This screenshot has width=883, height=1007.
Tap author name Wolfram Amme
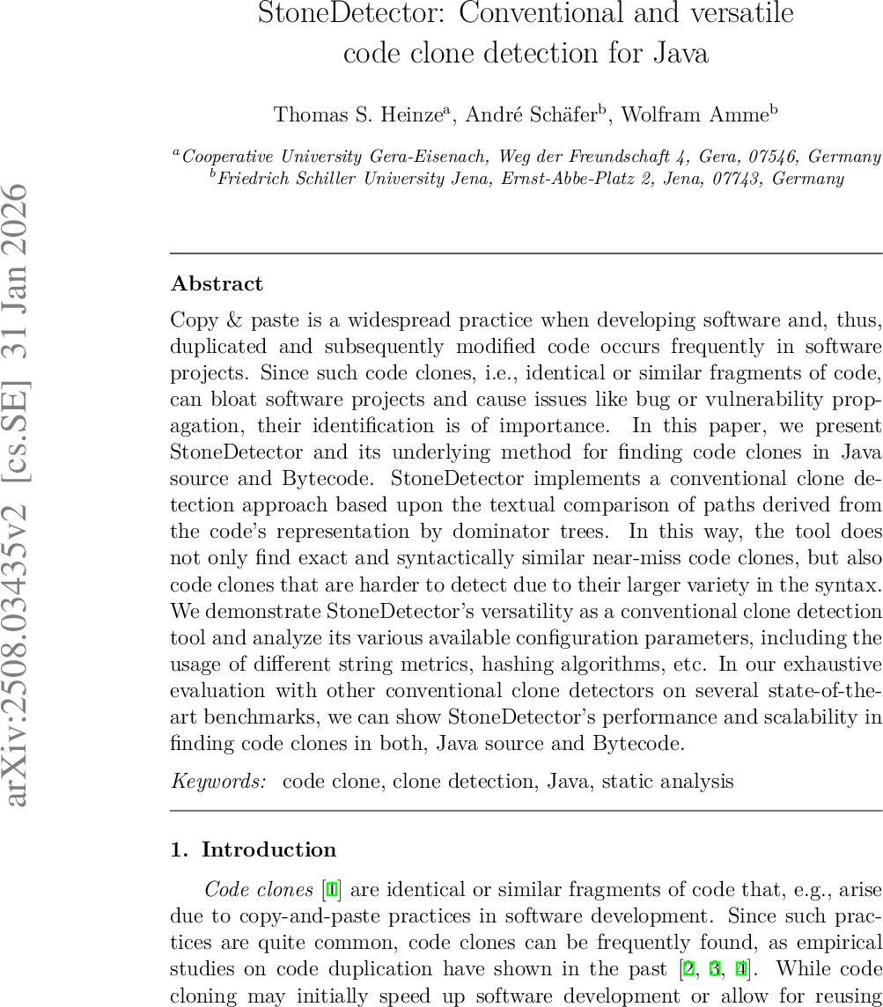pos(698,115)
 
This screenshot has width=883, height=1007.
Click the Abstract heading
pos(217,283)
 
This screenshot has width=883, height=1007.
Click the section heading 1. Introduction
pos(254,849)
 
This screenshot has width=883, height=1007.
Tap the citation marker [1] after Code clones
pos(332,890)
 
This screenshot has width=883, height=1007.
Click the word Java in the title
pos(681,53)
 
